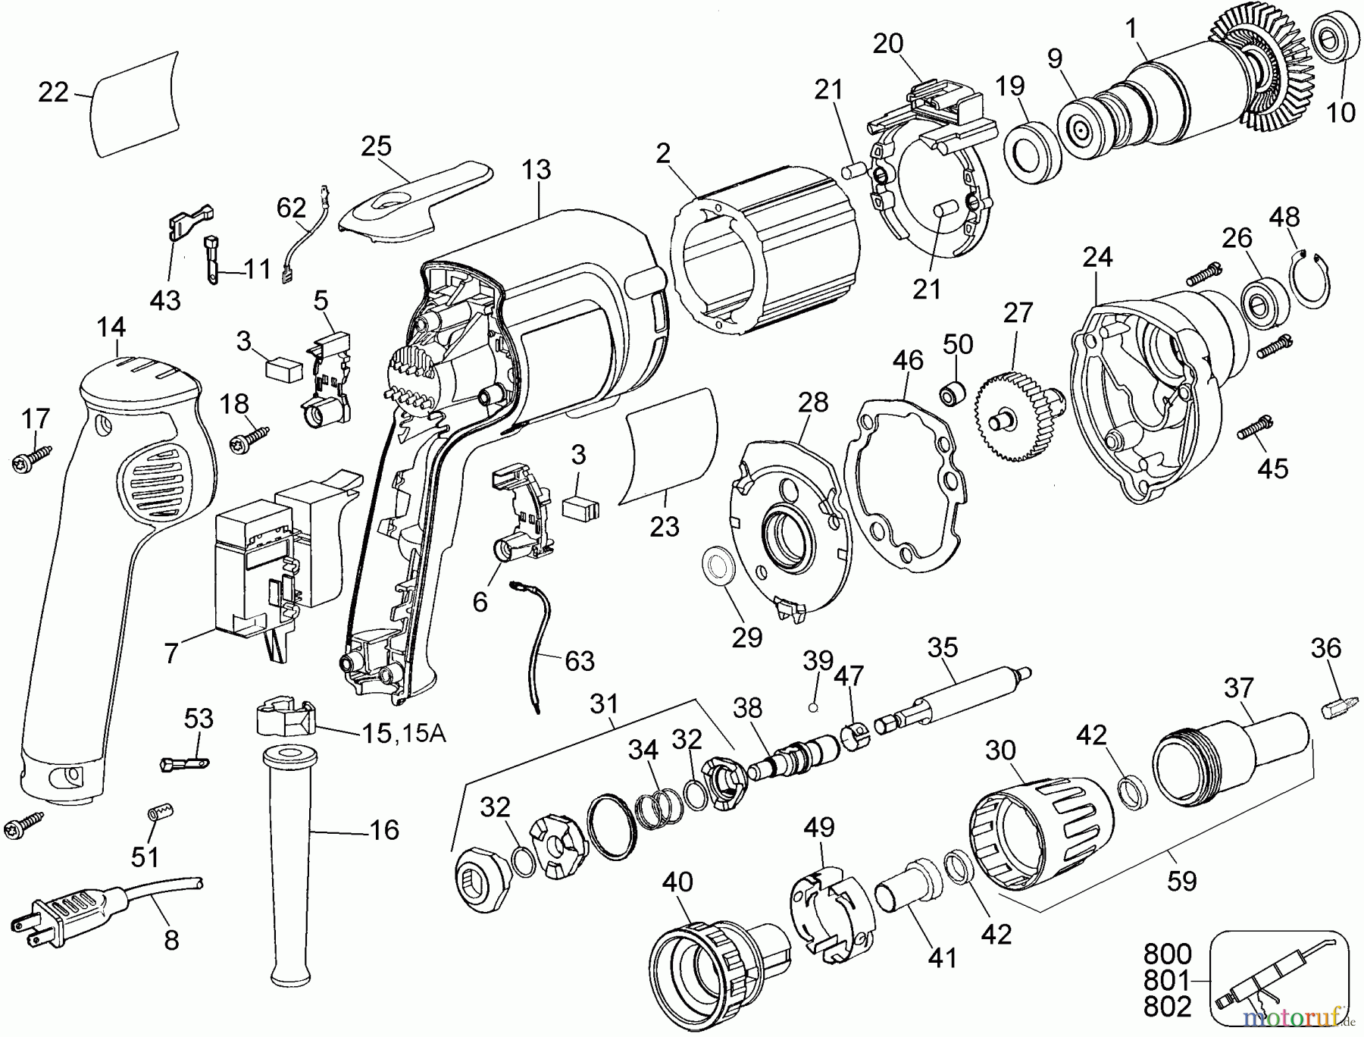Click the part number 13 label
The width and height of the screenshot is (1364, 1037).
click(536, 170)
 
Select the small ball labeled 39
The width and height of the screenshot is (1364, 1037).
click(813, 707)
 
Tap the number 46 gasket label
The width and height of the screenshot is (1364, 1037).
click(907, 359)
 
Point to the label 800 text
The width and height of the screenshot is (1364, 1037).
click(1167, 954)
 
